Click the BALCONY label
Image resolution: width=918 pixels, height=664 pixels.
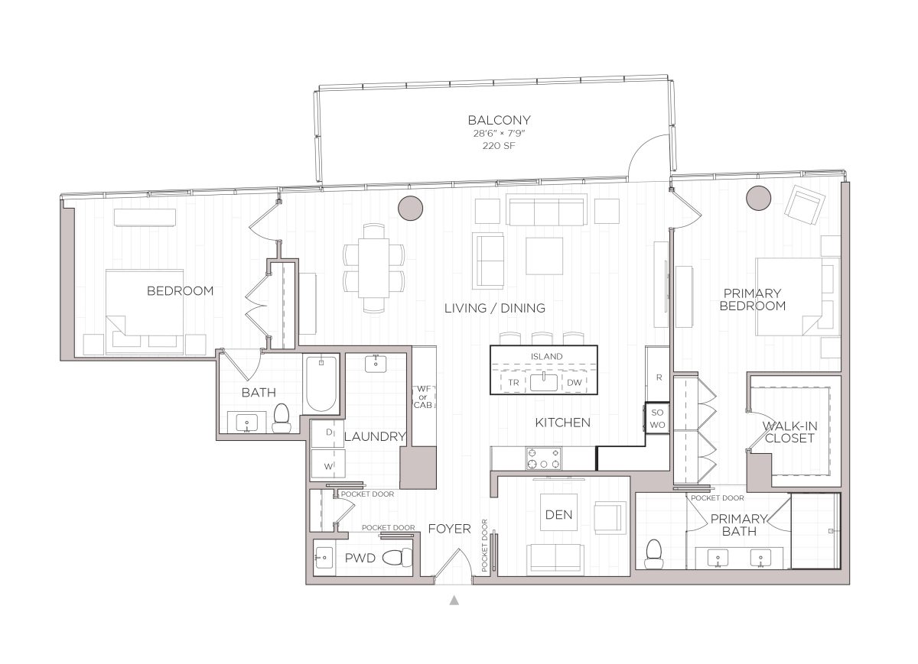click(499, 120)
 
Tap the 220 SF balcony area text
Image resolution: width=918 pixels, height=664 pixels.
click(499, 146)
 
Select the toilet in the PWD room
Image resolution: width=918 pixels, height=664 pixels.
click(394, 559)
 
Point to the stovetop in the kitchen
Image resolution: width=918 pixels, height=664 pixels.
click(542, 458)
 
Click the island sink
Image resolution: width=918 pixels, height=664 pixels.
click(544, 381)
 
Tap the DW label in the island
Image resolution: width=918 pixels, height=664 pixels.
click(575, 382)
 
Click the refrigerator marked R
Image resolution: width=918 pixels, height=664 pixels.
click(658, 375)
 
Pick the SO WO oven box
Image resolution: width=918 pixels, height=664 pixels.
click(656, 418)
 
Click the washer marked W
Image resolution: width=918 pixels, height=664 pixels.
click(327, 465)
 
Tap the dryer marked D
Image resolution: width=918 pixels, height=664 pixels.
click(327, 432)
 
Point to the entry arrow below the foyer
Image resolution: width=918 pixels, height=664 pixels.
click(454, 601)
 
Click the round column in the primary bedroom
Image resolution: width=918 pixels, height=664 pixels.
click(758, 197)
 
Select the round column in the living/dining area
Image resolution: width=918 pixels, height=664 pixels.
click(411, 206)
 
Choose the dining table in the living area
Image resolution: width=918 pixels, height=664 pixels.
click(374, 268)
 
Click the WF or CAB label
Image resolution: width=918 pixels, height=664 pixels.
click(423, 397)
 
